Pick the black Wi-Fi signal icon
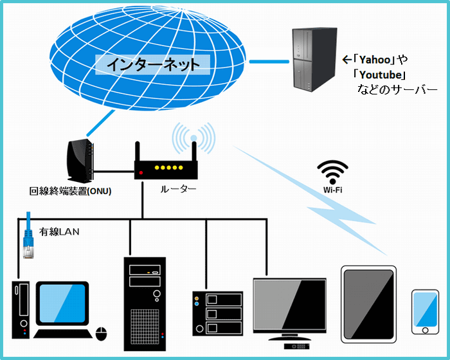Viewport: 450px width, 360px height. point(332,172)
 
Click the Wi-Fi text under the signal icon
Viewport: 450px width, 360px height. point(332,190)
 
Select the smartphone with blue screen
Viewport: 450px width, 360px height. point(425,312)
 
